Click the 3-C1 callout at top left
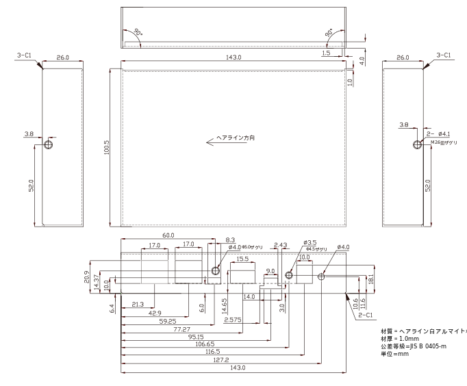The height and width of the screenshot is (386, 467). pyautogui.click(x=24, y=55)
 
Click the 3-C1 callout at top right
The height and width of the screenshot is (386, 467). pyautogui.click(x=444, y=55)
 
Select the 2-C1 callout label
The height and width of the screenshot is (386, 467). pyautogui.click(x=366, y=316)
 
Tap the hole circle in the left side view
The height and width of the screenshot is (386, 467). pyautogui.click(x=48, y=145)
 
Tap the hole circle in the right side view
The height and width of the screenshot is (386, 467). pyautogui.click(x=418, y=145)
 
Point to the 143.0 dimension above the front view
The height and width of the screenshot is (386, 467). pyautogui.click(x=233, y=57)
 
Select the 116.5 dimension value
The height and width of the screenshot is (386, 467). pyautogui.click(x=212, y=351)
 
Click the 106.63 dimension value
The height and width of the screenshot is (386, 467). pyautogui.click(x=205, y=344)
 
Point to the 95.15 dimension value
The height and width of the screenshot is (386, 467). pyautogui.click(x=197, y=336)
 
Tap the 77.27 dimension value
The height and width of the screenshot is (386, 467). pyautogui.click(x=181, y=329)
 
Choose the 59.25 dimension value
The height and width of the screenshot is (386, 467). pyautogui.click(x=168, y=320)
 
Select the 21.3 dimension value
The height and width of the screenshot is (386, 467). pyautogui.click(x=138, y=305)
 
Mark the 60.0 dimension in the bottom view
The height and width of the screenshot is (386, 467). pyautogui.click(x=168, y=235)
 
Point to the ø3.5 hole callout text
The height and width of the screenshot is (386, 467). pyautogui.click(x=311, y=242)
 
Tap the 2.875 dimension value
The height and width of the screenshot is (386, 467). pyautogui.click(x=233, y=319)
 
